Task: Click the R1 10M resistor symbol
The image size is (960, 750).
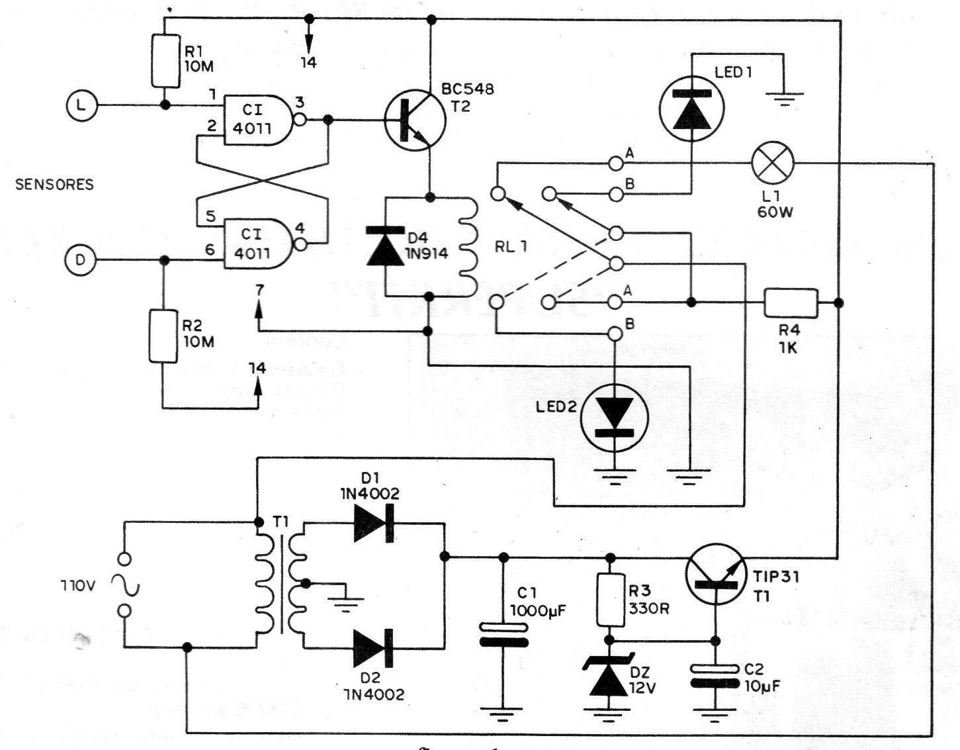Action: pos(165,61)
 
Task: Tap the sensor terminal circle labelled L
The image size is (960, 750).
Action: pos(81,105)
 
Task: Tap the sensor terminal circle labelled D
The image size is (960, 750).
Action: pos(81,261)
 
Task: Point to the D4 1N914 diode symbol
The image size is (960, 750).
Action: pos(385,246)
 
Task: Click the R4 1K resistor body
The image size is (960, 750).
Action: pos(791,303)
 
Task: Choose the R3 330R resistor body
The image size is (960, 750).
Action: pos(611,600)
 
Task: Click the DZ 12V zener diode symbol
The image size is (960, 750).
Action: pos(608,675)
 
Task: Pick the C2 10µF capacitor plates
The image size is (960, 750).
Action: pos(715,675)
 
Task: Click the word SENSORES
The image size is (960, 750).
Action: pos(54,185)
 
